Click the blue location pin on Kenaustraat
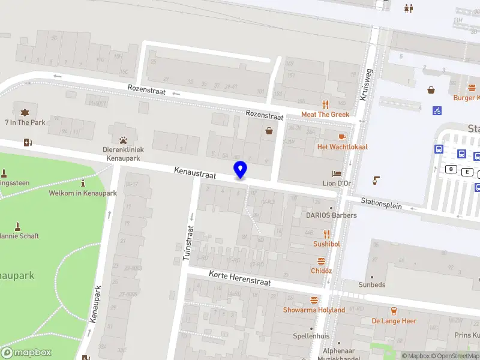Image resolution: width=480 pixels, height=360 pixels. pyautogui.click(x=240, y=170)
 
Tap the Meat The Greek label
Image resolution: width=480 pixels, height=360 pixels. pyautogui.click(x=325, y=115)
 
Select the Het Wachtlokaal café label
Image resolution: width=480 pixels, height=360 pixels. pyautogui.click(x=342, y=147)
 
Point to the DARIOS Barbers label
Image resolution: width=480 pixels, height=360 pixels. pyautogui.click(x=331, y=215)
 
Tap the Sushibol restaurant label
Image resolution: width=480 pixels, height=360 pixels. pyautogui.click(x=326, y=244)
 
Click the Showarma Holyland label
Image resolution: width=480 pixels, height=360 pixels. pyautogui.click(x=314, y=310)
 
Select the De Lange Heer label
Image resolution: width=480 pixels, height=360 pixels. pyautogui.click(x=394, y=321)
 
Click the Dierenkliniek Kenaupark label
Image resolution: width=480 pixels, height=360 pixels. pyautogui.click(x=123, y=153)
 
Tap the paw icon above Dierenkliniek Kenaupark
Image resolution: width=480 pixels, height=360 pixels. pyautogui.click(x=123, y=140)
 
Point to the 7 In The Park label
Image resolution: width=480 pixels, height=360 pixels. pyautogui.click(x=25, y=122)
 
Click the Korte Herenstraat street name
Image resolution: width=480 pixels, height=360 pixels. pyautogui.click(x=239, y=278)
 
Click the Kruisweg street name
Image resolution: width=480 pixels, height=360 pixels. pyautogui.click(x=365, y=84)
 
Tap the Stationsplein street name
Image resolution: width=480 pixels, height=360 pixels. pyautogui.click(x=381, y=203)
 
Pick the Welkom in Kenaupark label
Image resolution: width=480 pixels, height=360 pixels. pyautogui.click(x=83, y=193)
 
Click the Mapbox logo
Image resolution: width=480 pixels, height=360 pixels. pyautogui.click(x=26, y=352)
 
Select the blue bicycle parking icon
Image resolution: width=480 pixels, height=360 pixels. pyautogui.click(x=437, y=110)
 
